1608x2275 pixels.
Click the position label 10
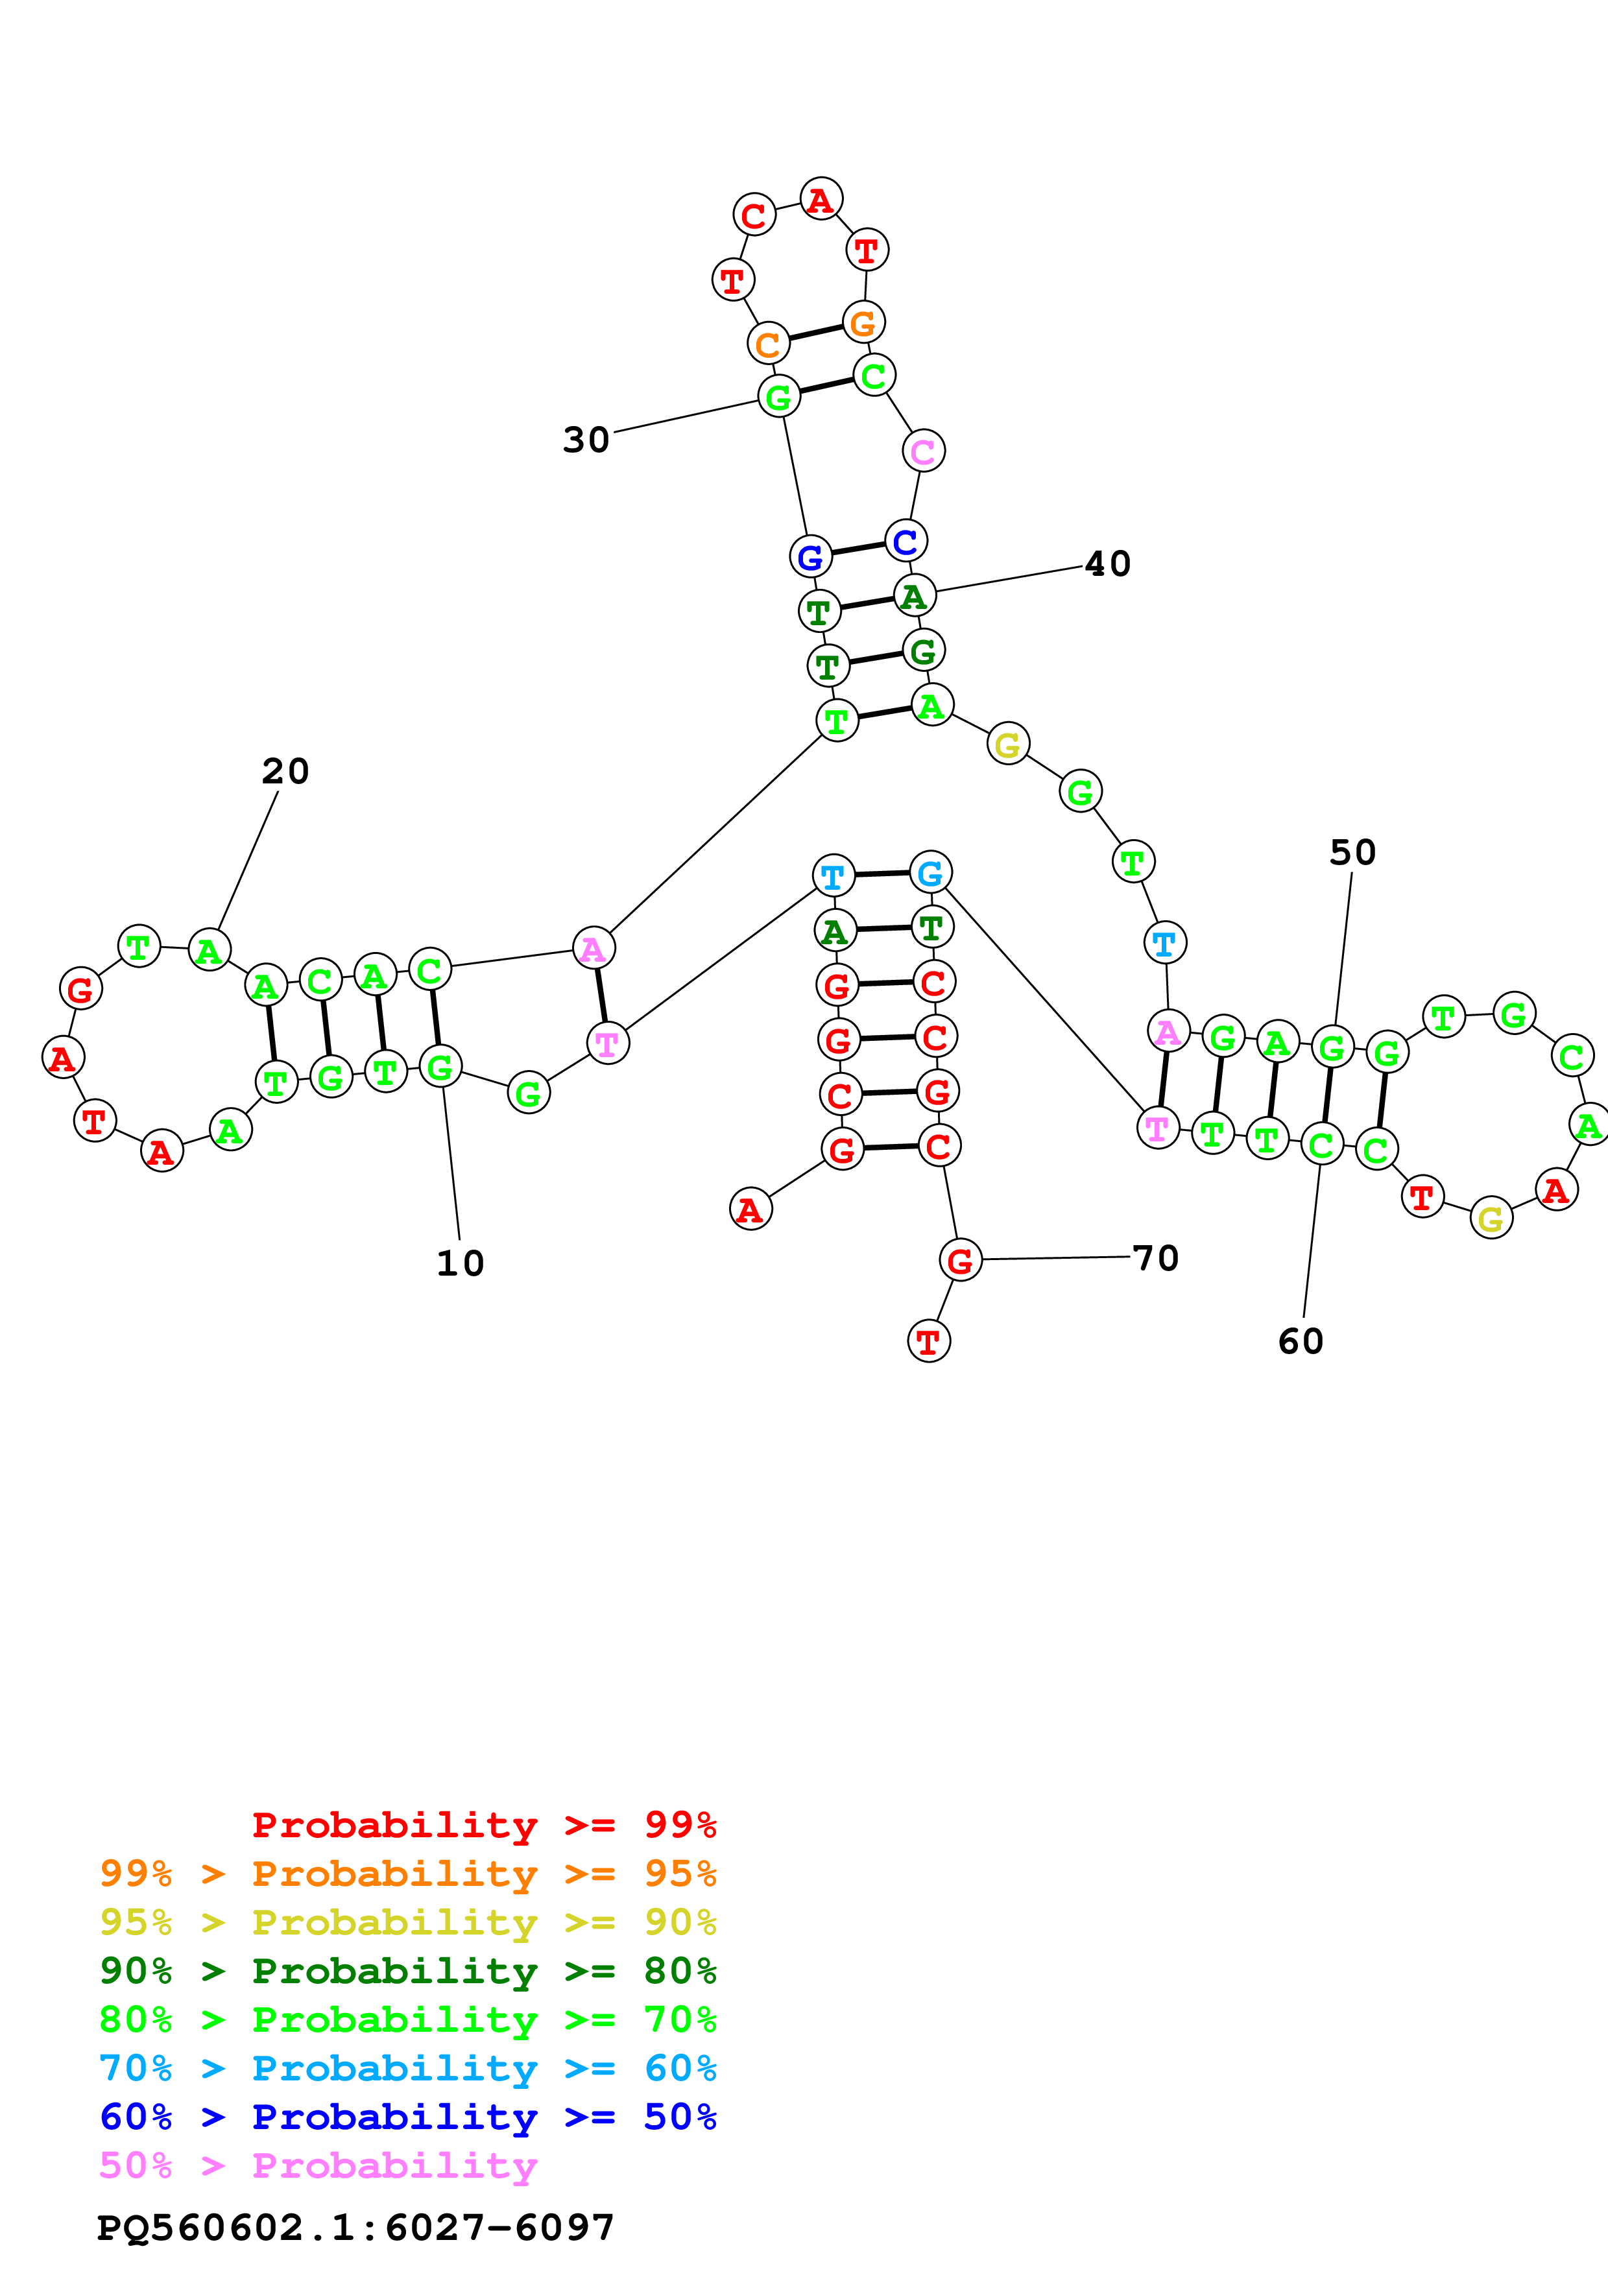(x=460, y=1263)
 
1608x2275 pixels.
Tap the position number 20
(x=285, y=771)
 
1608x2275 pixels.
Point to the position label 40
(x=1108, y=564)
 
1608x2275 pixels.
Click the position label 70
(x=1155, y=1258)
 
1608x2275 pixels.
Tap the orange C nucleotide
(x=768, y=345)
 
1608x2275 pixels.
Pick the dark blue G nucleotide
(x=810, y=557)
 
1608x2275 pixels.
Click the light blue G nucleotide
(x=930, y=873)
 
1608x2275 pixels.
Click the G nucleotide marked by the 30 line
(x=779, y=396)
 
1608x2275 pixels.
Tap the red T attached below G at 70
(x=928, y=1342)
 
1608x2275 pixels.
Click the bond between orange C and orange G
(x=815, y=334)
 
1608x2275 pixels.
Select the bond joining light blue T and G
(x=882, y=874)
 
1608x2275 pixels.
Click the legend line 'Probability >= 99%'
(x=483, y=1825)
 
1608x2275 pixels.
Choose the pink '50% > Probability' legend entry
(x=318, y=2166)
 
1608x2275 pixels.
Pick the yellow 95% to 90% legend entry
(x=407, y=1922)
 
